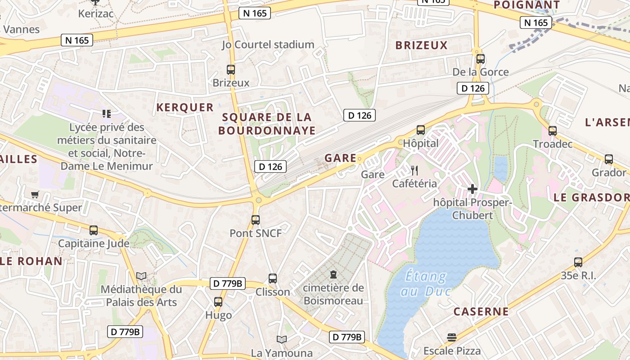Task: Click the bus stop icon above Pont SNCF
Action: coord(256,220)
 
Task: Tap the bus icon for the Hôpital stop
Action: coord(420,130)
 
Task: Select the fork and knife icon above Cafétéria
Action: coord(414,170)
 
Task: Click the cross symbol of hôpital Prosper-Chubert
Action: coord(472,189)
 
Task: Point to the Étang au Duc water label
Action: coord(425,283)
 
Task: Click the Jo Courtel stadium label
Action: coord(268,45)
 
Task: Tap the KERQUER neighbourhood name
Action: coord(185,107)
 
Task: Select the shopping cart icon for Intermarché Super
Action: coord(35,195)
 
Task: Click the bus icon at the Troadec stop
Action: coord(552,131)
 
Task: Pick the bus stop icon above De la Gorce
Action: coord(480,59)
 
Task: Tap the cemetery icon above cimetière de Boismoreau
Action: coord(333,274)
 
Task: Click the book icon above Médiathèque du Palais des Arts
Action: coord(141,276)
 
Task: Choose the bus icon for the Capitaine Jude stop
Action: coord(94,230)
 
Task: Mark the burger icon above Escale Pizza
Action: coord(452,337)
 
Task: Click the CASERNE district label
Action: coord(481,311)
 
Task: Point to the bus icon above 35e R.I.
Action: coord(578,262)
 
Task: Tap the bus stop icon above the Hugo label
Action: coord(218,302)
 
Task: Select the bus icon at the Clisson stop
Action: coord(273,279)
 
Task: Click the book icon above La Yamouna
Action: coord(282,339)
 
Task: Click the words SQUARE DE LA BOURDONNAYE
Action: coord(267,124)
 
